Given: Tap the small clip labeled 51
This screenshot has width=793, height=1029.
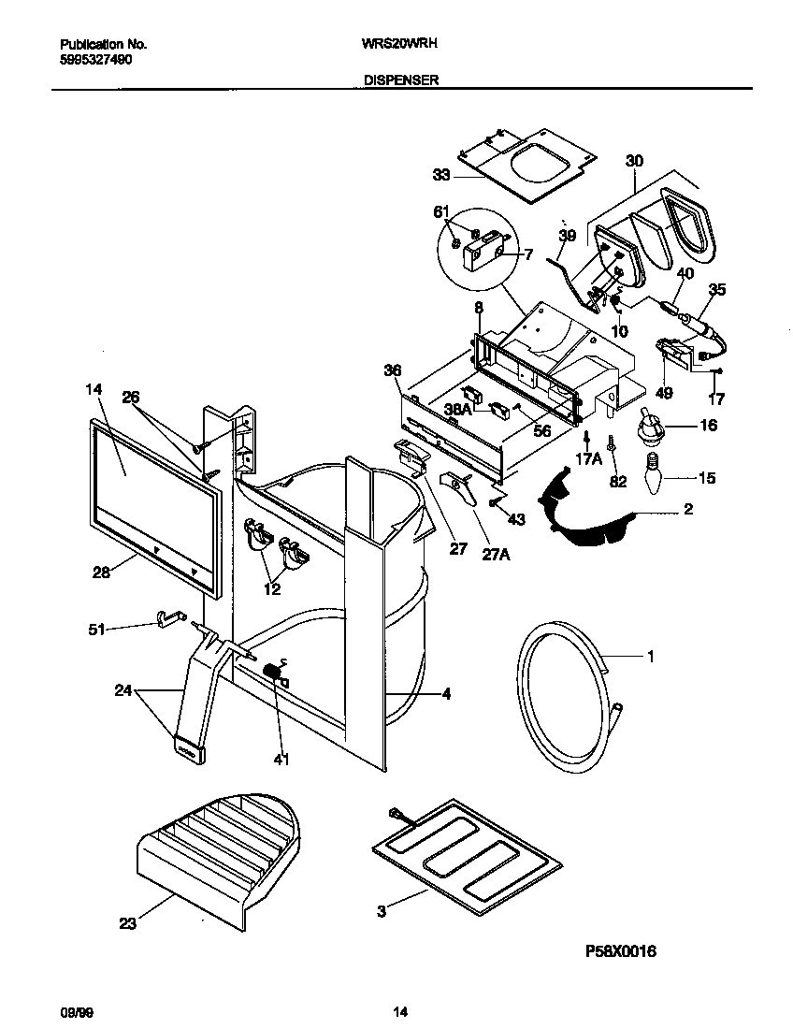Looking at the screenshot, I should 166,618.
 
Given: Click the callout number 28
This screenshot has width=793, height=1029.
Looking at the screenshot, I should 101,572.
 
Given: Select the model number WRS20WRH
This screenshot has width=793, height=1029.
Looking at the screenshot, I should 400,44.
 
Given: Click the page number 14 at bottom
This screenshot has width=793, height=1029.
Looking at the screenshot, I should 399,1011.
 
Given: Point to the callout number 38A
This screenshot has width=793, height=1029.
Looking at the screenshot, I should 457,408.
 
